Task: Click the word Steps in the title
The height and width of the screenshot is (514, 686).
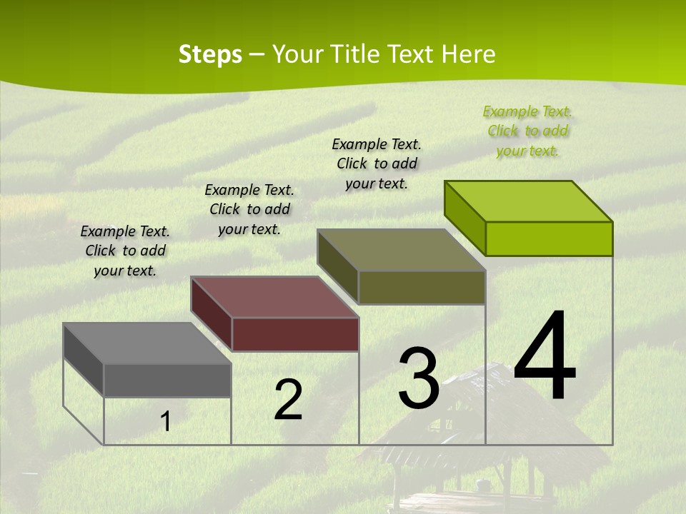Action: click(209, 54)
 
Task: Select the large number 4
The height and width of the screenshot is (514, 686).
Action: click(545, 357)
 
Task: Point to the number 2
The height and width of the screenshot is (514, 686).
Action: click(288, 400)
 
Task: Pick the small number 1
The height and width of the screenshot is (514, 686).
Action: click(166, 422)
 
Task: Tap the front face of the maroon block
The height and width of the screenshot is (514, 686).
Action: click(295, 335)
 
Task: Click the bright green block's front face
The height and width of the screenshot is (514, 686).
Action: click(549, 238)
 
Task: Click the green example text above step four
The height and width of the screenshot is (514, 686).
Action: click(527, 131)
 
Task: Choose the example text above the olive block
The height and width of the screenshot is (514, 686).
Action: click(377, 164)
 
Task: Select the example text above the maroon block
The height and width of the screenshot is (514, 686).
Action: click(249, 210)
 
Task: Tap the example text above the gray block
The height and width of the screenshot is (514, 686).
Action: click(125, 251)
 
